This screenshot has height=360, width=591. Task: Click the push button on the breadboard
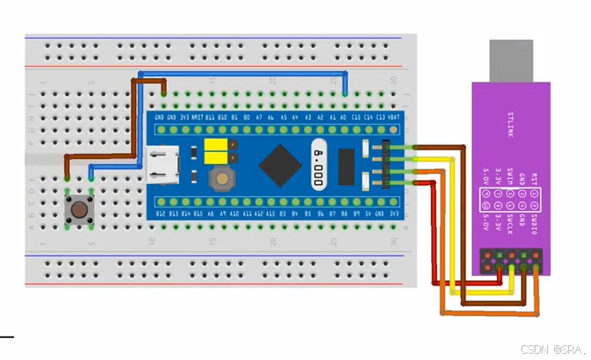pyautogui.click(x=79, y=209)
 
